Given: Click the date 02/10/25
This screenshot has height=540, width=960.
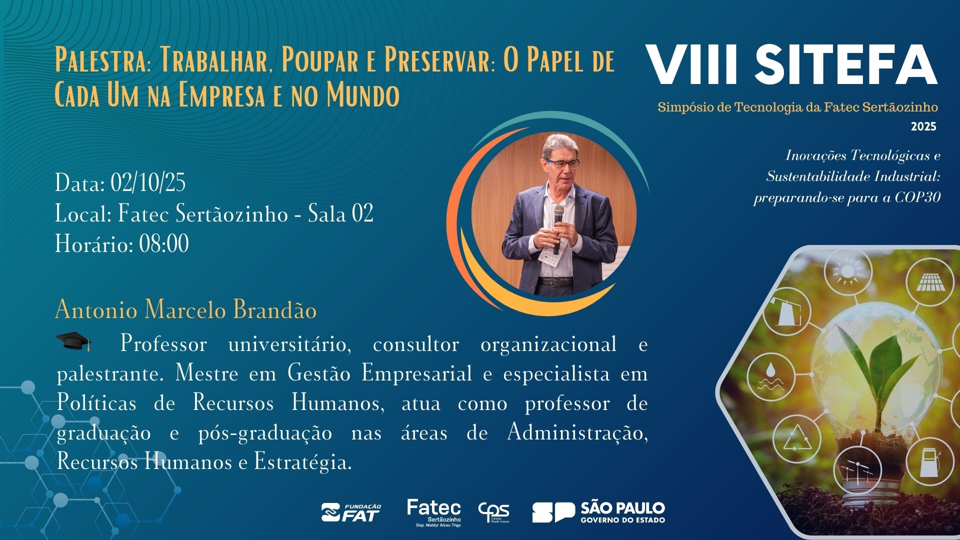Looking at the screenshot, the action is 148,183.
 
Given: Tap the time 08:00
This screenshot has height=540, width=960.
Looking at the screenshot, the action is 164,244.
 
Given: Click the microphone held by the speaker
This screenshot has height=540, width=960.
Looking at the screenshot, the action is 558,228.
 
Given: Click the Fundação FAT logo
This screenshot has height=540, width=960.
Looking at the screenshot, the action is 351,512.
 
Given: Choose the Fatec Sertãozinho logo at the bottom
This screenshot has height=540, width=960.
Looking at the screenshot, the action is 434,512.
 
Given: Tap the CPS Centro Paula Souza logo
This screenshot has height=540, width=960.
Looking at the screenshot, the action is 493,512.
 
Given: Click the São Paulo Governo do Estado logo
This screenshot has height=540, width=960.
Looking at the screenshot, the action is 598,512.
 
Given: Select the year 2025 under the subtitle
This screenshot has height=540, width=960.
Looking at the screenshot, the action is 923,126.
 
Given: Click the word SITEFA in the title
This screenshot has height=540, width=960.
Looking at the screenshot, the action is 846,65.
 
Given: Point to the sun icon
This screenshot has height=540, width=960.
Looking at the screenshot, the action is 847,271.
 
